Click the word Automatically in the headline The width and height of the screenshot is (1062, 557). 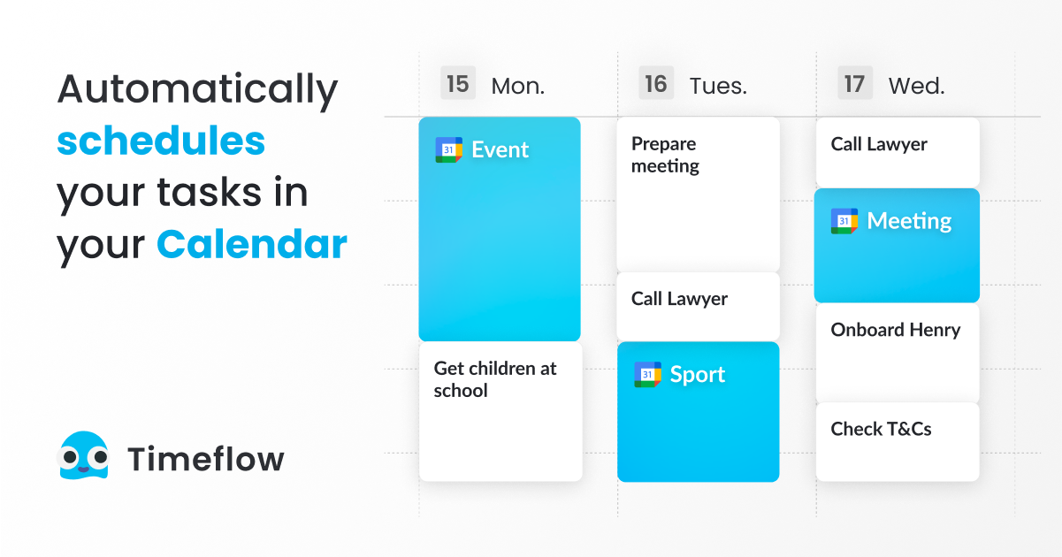[x=197, y=91]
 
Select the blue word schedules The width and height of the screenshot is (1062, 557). [x=161, y=141]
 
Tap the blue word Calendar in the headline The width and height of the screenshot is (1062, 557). [x=252, y=244]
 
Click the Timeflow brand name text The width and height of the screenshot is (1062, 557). [x=206, y=459]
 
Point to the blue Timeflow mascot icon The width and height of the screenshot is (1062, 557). [x=83, y=456]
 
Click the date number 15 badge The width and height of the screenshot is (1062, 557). [x=457, y=84]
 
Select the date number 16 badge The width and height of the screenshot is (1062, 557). [x=655, y=84]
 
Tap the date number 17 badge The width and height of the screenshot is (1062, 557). [x=854, y=84]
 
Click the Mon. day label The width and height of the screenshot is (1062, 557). [x=517, y=86]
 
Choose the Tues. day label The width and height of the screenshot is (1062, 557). [x=718, y=86]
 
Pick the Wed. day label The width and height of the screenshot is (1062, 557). [x=916, y=86]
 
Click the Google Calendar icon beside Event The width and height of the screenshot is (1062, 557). [x=449, y=150]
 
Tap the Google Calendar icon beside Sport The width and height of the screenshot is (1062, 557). [x=647, y=375]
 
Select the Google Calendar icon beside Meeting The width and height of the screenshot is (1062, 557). [x=844, y=221]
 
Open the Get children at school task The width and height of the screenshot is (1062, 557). [x=495, y=379]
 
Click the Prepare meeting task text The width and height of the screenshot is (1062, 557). [x=665, y=155]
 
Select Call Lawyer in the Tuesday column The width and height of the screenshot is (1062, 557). [x=679, y=299]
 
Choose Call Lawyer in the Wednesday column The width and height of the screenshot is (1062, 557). [x=879, y=144]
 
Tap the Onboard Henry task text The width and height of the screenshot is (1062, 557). [x=895, y=330]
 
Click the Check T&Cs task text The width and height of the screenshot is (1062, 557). [x=881, y=429]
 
